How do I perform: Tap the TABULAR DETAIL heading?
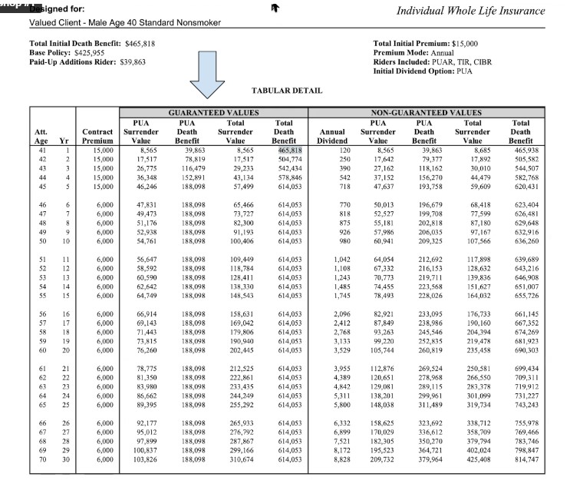tap(286, 91)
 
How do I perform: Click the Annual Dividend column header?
tap(332, 136)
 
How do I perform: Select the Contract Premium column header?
tap(97, 136)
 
